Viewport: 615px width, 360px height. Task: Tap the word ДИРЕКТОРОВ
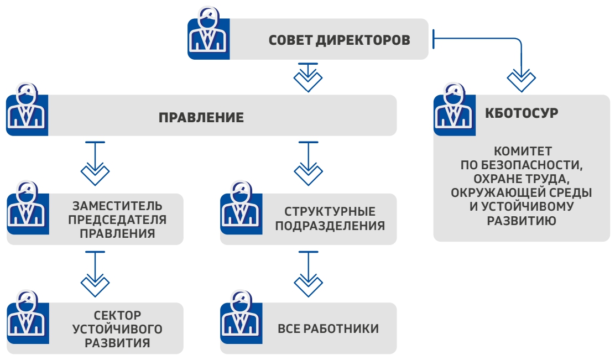363,40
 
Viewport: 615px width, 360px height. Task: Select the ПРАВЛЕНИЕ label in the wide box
201,117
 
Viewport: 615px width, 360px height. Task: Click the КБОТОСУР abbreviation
522,113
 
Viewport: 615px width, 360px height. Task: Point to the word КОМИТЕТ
523,151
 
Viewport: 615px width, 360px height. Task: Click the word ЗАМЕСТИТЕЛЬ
117,206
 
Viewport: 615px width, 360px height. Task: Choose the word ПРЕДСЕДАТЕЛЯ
117,220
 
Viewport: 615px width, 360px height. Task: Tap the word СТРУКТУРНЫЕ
330,211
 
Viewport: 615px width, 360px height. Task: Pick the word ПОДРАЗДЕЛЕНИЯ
330,226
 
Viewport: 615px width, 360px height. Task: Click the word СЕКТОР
117,315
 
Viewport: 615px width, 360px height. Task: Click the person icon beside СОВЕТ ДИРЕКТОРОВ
209,33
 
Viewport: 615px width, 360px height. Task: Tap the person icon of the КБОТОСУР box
454,110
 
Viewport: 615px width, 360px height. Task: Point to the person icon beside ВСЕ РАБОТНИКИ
241,317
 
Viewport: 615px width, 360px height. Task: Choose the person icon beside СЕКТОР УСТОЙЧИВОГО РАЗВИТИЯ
28,317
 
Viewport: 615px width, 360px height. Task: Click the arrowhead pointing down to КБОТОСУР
522,80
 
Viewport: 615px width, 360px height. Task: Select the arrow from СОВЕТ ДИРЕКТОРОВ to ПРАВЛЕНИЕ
308,77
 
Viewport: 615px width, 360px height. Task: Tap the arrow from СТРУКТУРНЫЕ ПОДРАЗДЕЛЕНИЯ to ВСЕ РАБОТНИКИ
308,274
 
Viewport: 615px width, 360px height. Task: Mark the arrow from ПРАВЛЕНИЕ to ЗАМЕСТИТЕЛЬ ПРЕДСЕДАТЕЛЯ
95,163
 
